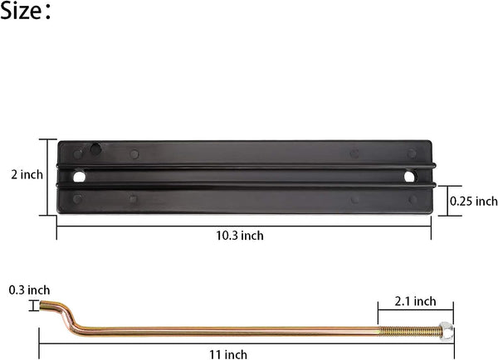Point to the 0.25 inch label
pyautogui.click(x=473, y=201)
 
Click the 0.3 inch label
pyautogui.click(x=29, y=289)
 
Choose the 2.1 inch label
pyautogui.click(x=414, y=300)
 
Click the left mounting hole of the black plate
pyautogui.click(x=79, y=177)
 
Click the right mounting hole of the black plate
pyautogui.click(x=410, y=177)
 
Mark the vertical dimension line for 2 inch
pyautogui.click(x=46, y=176)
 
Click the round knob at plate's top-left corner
pyautogui.click(x=96, y=148)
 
